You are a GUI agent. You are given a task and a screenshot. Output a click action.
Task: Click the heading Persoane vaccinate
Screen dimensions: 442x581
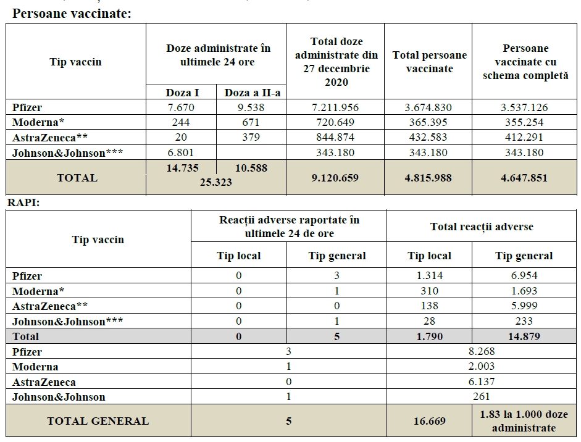tap(72, 14)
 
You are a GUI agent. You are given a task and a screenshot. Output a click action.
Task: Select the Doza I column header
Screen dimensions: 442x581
tap(182, 93)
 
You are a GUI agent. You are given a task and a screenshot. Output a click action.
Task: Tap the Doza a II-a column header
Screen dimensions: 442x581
tap(251, 93)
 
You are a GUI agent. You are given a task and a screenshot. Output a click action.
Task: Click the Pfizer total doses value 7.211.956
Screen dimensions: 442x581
tap(335, 107)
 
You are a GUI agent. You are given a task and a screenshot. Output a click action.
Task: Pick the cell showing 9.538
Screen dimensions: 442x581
tap(251, 107)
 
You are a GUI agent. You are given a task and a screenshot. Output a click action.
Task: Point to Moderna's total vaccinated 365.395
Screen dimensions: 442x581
tap(428, 122)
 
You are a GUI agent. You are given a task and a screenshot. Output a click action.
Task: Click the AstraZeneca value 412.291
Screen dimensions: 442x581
tap(524, 137)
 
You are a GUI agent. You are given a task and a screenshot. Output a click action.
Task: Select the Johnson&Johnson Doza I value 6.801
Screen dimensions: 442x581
tap(182, 152)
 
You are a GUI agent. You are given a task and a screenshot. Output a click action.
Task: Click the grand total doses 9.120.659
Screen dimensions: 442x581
tap(335, 178)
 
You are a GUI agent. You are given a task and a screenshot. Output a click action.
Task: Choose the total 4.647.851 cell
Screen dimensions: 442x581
tap(524, 178)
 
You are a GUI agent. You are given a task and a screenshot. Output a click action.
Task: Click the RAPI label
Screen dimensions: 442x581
tap(23, 202)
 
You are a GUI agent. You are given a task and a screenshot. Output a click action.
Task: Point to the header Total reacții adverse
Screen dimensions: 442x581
tap(482, 227)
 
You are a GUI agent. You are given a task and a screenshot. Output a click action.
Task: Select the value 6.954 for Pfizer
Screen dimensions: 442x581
tap(524, 276)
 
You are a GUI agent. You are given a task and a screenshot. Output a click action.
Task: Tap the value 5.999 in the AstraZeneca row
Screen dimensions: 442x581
tap(524, 306)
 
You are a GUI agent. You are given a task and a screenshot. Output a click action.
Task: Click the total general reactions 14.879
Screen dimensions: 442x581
tap(524, 336)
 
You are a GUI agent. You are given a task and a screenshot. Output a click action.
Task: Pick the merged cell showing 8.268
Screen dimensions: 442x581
tap(482, 352)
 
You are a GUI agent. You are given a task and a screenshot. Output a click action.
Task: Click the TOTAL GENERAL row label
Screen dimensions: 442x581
tap(98, 421)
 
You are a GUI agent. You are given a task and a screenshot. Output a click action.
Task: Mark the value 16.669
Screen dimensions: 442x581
tap(429, 421)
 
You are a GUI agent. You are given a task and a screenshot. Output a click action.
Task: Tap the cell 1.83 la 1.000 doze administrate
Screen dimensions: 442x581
tap(524, 421)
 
